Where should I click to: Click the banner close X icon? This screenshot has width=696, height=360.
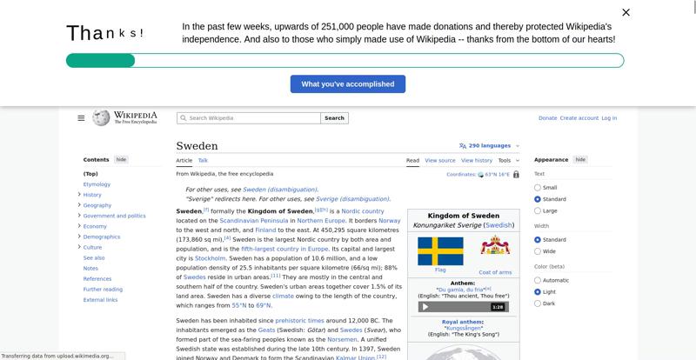[626, 12]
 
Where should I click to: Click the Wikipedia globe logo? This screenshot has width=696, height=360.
[102, 117]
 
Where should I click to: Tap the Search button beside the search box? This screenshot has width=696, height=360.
[335, 118]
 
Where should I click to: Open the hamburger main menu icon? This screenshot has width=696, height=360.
[81, 118]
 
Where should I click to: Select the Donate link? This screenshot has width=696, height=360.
[547, 118]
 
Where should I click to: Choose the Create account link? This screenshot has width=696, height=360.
[579, 118]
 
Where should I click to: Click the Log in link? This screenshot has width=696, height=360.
[609, 118]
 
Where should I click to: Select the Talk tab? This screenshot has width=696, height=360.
[203, 161]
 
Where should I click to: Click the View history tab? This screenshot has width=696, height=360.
[477, 161]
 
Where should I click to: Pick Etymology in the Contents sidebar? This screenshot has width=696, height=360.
[97, 184]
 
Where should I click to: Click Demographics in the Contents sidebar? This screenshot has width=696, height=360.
[102, 237]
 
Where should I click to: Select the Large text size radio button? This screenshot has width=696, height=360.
[538, 210]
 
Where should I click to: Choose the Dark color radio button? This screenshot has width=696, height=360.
[538, 303]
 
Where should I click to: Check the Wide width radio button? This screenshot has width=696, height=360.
[538, 251]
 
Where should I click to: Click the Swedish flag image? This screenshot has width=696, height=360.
[440, 250]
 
